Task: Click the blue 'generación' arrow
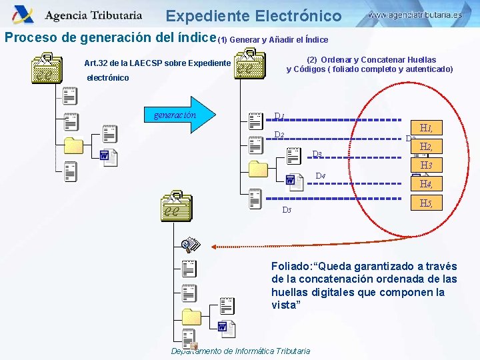[x=179, y=114]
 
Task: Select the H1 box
[x=427, y=128]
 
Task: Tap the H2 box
[x=427, y=147]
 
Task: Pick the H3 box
[x=427, y=165]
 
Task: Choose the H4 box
[x=427, y=184]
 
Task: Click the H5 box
[x=427, y=203]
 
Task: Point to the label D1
[x=280, y=117]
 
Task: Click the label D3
[x=317, y=155]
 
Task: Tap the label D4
[x=320, y=177]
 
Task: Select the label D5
[x=287, y=210]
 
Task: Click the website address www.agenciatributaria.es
[x=415, y=14]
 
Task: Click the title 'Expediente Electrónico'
[x=253, y=16]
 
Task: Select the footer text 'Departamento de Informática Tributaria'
[x=241, y=351]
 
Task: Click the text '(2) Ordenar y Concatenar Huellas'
[x=371, y=60]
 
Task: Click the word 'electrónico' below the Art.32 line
[x=108, y=78]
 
